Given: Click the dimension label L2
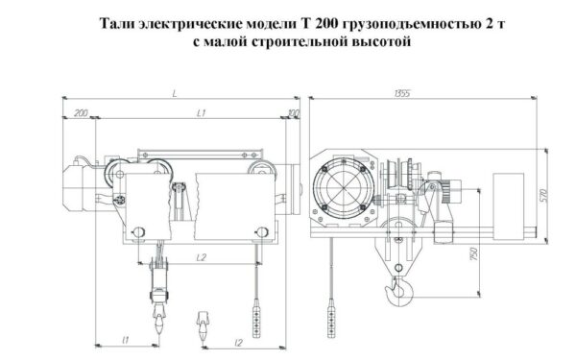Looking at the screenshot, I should click(x=202, y=257).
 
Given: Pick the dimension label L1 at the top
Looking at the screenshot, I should click(x=203, y=113).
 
